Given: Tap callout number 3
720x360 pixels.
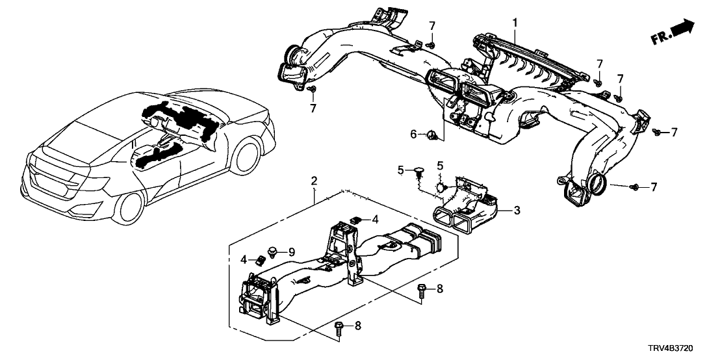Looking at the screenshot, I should [x=517, y=211].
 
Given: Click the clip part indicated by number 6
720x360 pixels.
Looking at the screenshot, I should [x=431, y=135].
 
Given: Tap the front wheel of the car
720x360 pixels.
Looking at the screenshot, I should [x=250, y=160].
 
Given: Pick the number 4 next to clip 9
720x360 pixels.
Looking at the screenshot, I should [x=244, y=259].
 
